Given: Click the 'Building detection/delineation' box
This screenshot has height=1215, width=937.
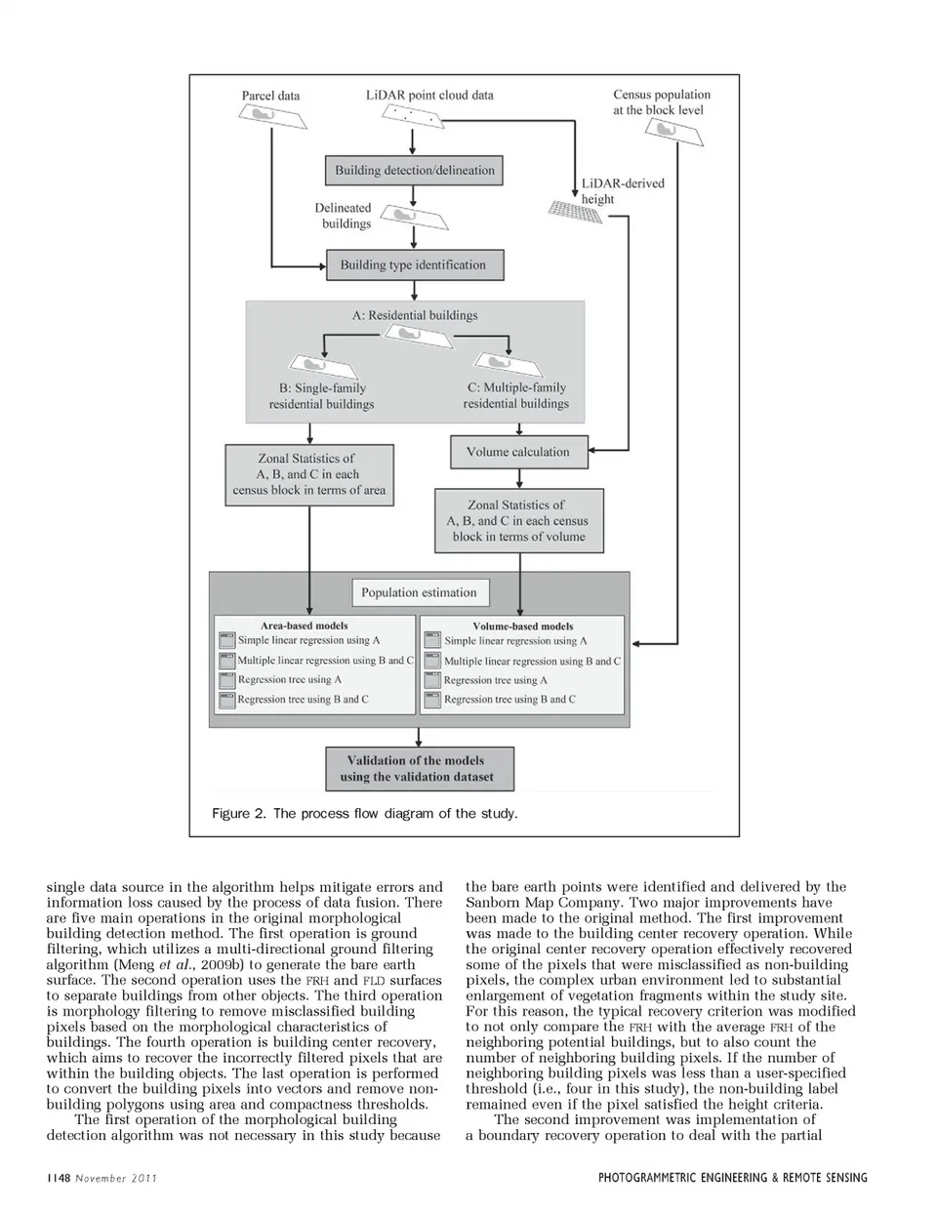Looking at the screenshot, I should pyautogui.click(x=415, y=170).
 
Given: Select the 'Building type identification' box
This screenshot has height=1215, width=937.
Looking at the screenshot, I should pyautogui.click(x=413, y=264).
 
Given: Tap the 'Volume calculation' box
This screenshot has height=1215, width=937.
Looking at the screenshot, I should pyautogui.click(x=517, y=452).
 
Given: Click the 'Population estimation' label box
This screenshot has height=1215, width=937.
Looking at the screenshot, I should pyautogui.click(x=419, y=592).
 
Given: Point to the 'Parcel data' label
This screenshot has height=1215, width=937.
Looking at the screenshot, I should pyautogui.click(x=270, y=96).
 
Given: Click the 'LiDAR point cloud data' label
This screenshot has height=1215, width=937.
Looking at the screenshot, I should pyautogui.click(x=429, y=95).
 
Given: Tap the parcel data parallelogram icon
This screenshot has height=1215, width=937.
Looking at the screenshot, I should pyautogui.click(x=272, y=117).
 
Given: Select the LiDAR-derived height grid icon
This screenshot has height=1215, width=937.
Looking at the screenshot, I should pyautogui.click(x=574, y=211).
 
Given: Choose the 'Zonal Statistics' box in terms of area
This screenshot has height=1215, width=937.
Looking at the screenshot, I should pyautogui.click(x=308, y=474).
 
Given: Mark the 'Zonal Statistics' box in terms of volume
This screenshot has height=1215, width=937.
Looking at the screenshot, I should pyautogui.click(x=518, y=521).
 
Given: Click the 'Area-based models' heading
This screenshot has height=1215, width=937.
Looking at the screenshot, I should pyautogui.click(x=305, y=626).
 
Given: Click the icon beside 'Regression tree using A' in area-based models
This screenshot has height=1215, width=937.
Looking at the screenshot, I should pyautogui.click(x=227, y=680).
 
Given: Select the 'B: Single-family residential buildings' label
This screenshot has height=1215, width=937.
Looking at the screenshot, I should pyautogui.click(x=322, y=396).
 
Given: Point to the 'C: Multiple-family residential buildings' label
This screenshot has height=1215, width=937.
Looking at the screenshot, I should pyautogui.click(x=516, y=395).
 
